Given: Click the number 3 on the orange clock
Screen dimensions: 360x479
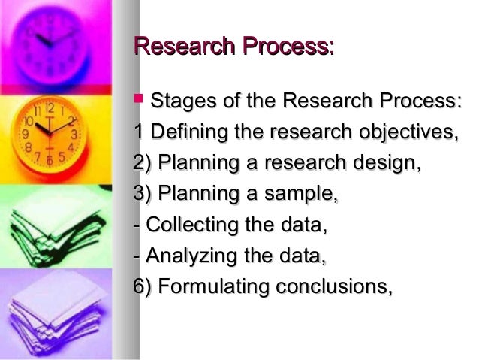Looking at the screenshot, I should pos(74,135).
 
